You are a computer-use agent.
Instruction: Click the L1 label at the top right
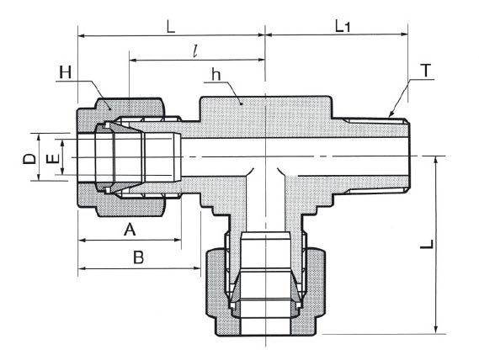(x=343, y=27)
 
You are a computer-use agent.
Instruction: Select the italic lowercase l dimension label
(x=195, y=51)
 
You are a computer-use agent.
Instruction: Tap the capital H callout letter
(x=65, y=73)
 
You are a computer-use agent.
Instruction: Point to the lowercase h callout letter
(x=216, y=75)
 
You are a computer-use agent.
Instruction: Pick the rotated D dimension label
(x=29, y=159)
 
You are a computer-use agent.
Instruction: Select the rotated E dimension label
(x=52, y=159)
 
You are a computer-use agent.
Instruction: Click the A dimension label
(x=130, y=229)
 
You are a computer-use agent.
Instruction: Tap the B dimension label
(x=138, y=257)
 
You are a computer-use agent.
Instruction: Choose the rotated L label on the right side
(x=427, y=244)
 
